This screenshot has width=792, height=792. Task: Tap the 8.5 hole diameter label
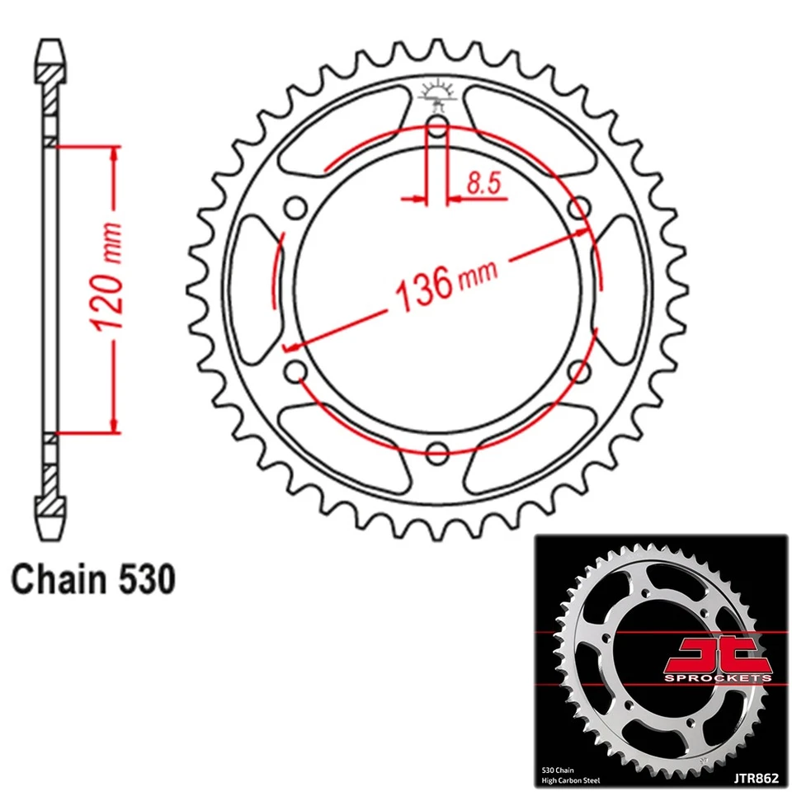click(x=483, y=183)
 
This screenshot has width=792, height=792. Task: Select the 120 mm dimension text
click(x=106, y=277)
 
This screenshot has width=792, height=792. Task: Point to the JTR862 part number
click(x=757, y=778)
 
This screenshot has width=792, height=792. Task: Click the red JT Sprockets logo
click(x=718, y=660)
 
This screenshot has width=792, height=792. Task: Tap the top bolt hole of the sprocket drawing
click(x=437, y=127)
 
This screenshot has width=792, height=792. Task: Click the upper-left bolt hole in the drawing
click(x=296, y=208)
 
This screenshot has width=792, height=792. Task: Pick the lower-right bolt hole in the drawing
click(x=579, y=371)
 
